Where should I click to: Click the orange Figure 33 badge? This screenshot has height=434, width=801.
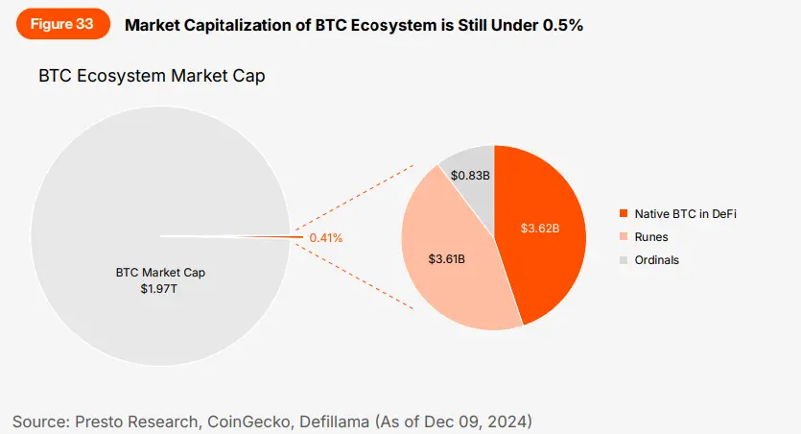tap(62, 25)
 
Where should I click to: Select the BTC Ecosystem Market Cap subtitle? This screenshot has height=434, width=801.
tap(152, 76)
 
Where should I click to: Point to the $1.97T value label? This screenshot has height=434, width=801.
tap(160, 287)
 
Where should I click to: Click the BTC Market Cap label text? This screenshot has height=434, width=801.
tap(160, 272)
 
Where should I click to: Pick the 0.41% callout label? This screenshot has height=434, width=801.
tap(326, 237)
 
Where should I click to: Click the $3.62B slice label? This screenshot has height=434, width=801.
tap(540, 229)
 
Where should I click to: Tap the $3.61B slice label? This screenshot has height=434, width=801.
tap(447, 259)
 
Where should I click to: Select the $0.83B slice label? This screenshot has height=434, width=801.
tap(470, 176)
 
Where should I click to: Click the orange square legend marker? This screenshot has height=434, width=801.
tap(624, 212)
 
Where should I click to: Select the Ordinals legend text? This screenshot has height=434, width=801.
tap(657, 260)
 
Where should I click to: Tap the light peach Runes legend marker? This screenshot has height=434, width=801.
tap(624, 236)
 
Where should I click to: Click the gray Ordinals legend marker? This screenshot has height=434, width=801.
tap(624, 260)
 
